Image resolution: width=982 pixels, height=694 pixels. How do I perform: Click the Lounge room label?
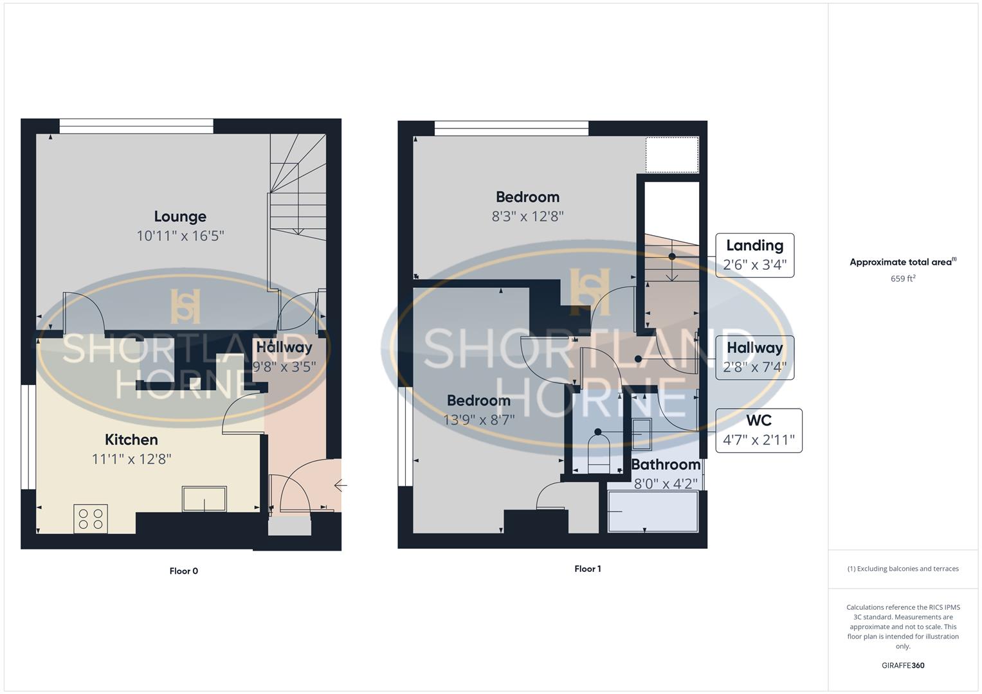coord(180,217)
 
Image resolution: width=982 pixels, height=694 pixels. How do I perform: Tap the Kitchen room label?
coord(131,440)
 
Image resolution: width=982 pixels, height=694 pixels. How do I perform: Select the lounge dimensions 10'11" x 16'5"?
coord(180,236)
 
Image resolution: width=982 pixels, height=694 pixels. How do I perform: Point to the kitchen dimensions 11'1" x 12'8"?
coord(131,459)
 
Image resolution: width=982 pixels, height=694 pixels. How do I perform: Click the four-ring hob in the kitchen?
coord(91,518)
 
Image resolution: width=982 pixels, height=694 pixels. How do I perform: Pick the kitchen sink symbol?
coord(205,499)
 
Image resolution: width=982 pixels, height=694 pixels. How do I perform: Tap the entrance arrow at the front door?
coord(341,486)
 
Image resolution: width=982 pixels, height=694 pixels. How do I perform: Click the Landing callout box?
coord(754,255)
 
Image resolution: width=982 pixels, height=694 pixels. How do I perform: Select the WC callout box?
coord(759,431)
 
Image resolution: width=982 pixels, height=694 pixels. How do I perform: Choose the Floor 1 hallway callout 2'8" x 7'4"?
coord(754,358)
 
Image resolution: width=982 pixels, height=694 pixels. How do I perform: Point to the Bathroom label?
coord(666,465)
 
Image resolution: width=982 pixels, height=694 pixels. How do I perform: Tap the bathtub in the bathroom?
coord(653,512)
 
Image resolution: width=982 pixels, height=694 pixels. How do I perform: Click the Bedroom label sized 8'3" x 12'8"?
coord(527,197)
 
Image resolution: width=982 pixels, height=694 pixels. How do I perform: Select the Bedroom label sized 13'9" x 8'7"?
coord(478,401)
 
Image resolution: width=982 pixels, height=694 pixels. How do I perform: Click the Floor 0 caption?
coord(184,571)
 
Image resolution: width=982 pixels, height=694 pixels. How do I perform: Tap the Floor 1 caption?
coord(588,569)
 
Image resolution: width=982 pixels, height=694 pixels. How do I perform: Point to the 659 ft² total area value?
coord(903,279)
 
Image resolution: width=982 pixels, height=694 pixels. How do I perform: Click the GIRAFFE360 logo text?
coord(903,666)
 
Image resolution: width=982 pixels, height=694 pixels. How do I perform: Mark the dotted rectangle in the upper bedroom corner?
coord(672,155)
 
